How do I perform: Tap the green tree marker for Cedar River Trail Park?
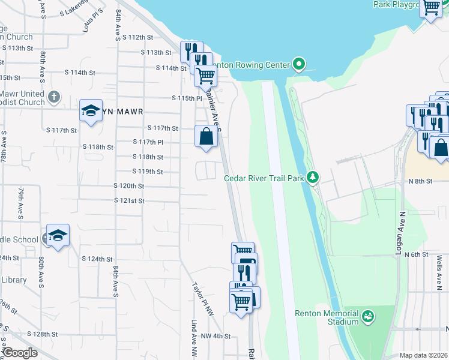coord(312,177)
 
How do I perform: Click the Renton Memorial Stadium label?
coord(327,317)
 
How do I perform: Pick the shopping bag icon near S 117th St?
coord(206,136)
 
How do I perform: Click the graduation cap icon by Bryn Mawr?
coord(91,110)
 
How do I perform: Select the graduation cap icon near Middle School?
coord(58,235)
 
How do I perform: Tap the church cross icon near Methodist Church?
coord(54,97)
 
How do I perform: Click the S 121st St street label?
coord(129,200)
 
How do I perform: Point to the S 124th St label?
coord(97,259)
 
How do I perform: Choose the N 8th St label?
coord(420,181)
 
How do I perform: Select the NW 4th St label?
coord(216,336)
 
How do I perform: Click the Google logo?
coord(20,353)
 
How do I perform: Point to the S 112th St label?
coord(137,37)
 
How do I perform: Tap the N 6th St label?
coord(416,254)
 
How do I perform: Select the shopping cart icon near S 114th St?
coord(205,76)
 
